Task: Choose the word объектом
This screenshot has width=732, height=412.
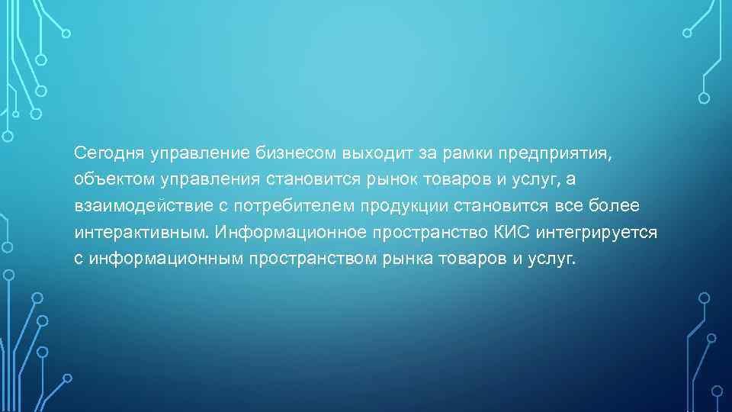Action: point(106,180)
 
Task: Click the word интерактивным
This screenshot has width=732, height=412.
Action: point(143,232)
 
